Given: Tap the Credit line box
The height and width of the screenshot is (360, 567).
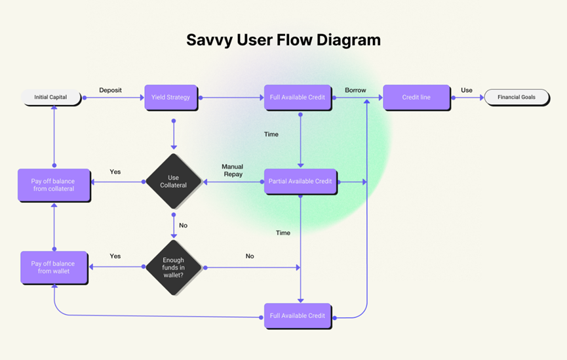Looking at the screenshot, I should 416,97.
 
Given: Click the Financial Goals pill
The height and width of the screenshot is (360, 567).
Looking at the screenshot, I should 516,97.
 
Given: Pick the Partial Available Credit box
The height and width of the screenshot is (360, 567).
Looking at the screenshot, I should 300,181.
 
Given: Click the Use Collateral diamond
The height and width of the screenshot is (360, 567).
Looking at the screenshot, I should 173,182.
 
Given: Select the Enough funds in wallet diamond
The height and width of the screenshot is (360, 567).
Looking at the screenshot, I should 173,268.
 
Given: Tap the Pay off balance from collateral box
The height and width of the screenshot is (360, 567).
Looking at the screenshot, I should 53,185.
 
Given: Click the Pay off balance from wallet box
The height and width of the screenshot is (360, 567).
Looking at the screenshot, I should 53,268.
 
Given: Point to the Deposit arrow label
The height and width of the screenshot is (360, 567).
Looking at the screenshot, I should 110,90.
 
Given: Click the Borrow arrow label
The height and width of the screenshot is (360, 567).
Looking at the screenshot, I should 355,90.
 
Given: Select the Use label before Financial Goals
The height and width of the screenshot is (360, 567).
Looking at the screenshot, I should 466,90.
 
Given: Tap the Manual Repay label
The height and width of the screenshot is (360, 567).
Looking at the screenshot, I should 232,170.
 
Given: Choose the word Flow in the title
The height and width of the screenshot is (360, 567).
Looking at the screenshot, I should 287,39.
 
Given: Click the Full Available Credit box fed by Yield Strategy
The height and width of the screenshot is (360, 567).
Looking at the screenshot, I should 298,97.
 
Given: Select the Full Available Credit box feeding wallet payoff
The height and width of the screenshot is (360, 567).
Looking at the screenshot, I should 298,315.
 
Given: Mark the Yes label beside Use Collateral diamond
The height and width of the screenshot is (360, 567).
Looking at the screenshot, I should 115,172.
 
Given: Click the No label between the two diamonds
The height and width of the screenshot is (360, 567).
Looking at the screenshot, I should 183,226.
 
